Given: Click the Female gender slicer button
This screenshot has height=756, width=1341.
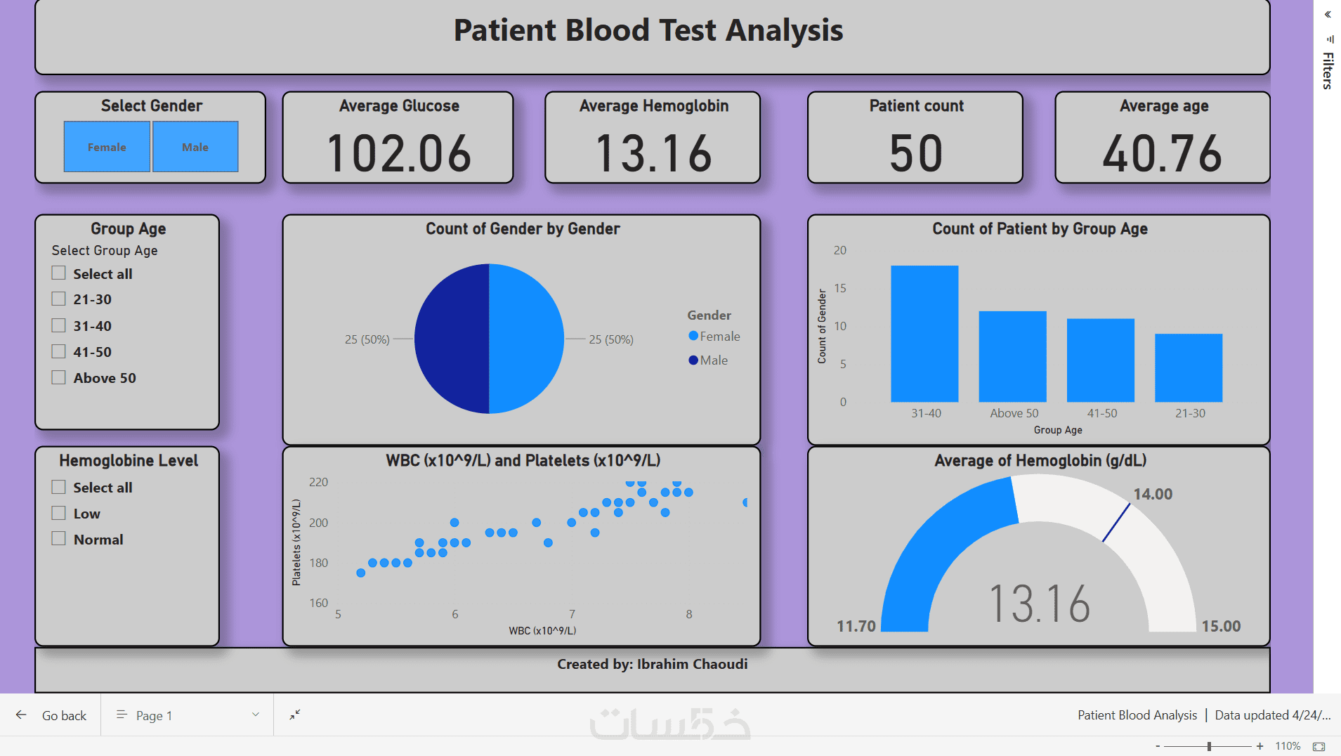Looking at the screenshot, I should coord(107,147).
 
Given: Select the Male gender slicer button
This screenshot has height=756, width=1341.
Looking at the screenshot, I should coord(195,147).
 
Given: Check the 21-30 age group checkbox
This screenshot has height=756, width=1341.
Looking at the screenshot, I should coord(59,299).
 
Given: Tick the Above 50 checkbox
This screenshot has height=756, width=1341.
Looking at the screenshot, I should coord(59,378).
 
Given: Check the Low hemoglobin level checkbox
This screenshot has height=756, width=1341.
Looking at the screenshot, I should coord(59,514).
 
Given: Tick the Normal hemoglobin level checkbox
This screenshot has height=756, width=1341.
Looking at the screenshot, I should coord(59,540).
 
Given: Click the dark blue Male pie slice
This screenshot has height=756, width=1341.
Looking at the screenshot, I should coord(451,339).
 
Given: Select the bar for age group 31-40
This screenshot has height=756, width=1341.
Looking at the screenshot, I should coord(924,334).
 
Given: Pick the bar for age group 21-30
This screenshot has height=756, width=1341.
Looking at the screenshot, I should coord(1189,367).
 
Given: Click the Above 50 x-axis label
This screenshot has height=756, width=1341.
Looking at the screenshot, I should coord(1014,413).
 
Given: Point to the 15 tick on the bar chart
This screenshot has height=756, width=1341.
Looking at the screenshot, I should coord(840,288).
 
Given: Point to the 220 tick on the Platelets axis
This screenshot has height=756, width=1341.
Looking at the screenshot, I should coord(318,482).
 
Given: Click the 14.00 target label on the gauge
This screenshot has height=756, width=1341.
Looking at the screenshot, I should coord(1153,494).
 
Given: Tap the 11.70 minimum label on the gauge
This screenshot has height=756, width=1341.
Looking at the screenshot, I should coord(856,626).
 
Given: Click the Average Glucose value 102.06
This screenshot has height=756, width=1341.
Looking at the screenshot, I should coord(399,153).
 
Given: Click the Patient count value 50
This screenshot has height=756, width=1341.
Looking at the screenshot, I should coord(916,153).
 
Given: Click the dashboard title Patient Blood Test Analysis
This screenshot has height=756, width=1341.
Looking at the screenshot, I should coord(648,30).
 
